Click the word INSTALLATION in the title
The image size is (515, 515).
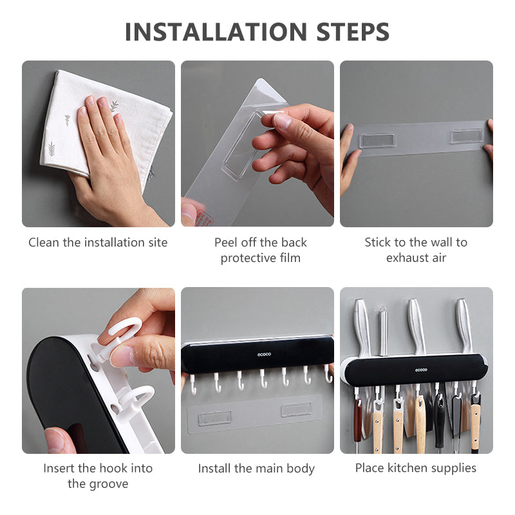tap(216, 32)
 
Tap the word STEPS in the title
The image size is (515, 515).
tap(353, 32)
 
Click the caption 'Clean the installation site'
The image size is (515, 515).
tap(98, 243)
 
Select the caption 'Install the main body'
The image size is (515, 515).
tap(256, 469)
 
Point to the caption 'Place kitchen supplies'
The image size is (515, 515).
tap(416, 468)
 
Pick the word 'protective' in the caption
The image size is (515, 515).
tap(248, 258)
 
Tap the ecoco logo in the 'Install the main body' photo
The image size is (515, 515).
tap(264, 354)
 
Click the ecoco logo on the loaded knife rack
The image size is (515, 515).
tap(421, 370)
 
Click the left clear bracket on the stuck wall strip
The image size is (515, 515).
tap(378, 140)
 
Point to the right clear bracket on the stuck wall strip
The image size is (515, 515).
tap(467, 136)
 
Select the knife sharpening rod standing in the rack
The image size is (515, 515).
tap(382, 332)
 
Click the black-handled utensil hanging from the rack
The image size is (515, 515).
tap(439, 420)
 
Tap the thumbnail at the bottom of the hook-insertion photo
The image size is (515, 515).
tap(57, 441)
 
